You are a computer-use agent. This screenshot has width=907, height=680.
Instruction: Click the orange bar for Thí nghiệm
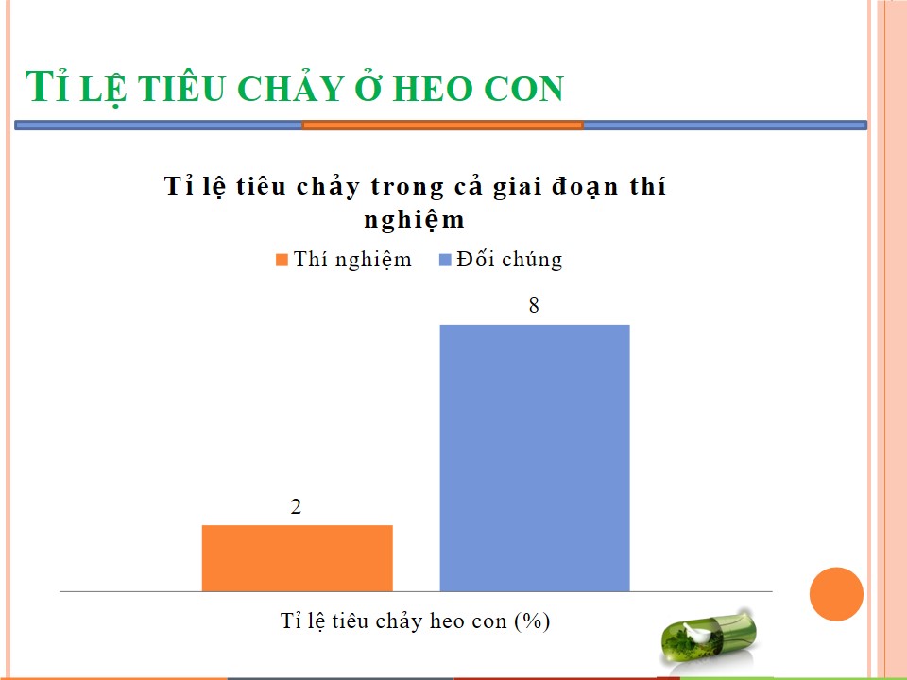(x=298, y=558)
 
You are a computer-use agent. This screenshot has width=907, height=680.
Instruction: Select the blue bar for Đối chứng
(x=535, y=458)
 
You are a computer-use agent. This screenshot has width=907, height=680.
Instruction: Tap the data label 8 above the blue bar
(x=534, y=305)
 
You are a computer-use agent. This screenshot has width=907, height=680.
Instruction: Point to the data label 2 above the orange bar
(x=296, y=506)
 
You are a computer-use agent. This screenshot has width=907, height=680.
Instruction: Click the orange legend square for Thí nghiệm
(x=282, y=260)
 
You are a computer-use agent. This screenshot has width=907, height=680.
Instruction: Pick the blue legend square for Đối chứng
(x=445, y=260)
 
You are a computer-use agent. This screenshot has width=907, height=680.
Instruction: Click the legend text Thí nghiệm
(x=352, y=260)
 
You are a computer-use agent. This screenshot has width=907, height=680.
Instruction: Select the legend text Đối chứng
(x=509, y=260)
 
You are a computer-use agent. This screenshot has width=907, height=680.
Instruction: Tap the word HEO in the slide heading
(x=432, y=89)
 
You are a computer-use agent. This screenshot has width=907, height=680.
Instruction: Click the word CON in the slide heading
(x=522, y=89)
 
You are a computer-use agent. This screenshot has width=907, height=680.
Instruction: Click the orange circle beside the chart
(x=836, y=594)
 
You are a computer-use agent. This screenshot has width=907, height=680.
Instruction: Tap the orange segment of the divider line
(x=442, y=125)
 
